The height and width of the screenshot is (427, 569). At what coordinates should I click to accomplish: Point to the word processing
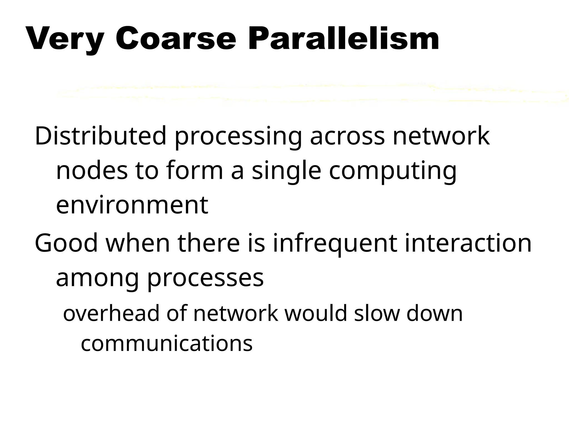[x=238, y=137]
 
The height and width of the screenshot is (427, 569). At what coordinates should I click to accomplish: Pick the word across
[x=347, y=136]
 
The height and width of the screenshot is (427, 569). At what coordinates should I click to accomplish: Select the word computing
[x=393, y=171]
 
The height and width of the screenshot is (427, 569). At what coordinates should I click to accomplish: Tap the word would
[x=316, y=313]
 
